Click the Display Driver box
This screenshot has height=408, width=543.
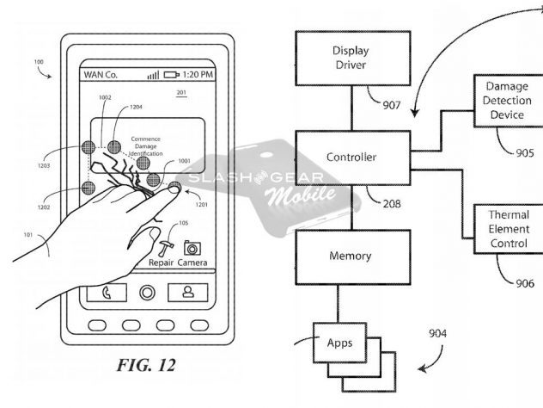pyautogui.click(x=351, y=58)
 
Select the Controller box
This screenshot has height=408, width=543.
pyautogui.click(x=351, y=158)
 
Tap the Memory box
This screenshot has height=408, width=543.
pyautogui.click(x=351, y=257)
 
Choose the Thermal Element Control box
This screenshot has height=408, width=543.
pyautogui.click(x=509, y=230)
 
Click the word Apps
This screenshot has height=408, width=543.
pyautogui.click(x=340, y=342)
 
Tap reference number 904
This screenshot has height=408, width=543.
pyautogui.click(x=438, y=334)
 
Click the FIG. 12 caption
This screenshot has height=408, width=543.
pyautogui.click(x=145, y=365)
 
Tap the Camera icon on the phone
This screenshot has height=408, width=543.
pyautogui.click(x=192, y=248)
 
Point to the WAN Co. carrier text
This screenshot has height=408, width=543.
pyautogui.click(x=101, y=75)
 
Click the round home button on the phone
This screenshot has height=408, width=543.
pyautogui.click(x=146, y=292)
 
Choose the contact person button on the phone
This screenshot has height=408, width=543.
pyautogui.click(x=186, y=292)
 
